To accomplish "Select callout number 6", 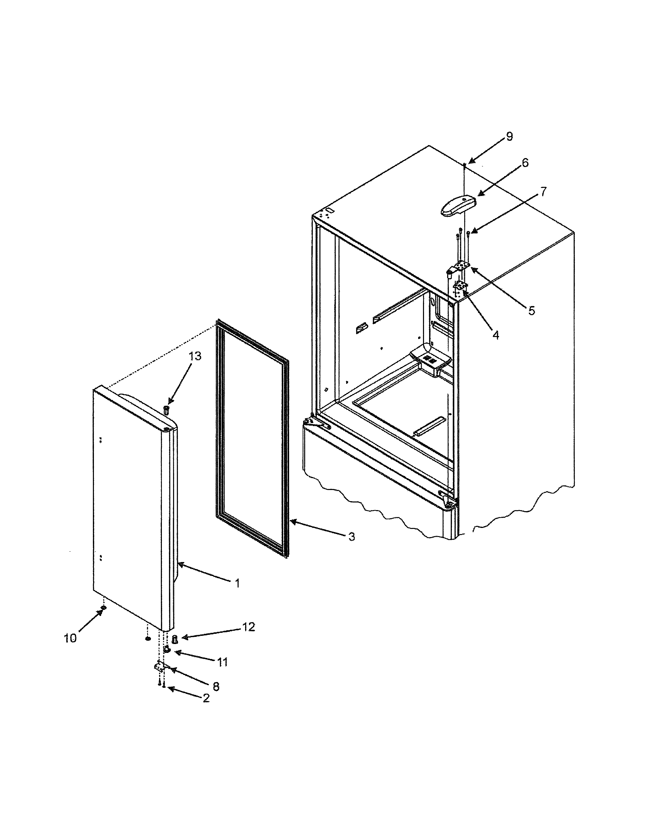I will point(525,162).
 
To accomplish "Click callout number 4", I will point(496,335).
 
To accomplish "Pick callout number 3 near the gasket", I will point(351,537).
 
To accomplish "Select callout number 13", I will point(195,356).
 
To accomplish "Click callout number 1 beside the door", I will point(237,583).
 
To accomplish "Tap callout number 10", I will point(70,638).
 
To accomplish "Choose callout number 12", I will point(248,627).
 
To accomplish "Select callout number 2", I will point(206,698).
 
